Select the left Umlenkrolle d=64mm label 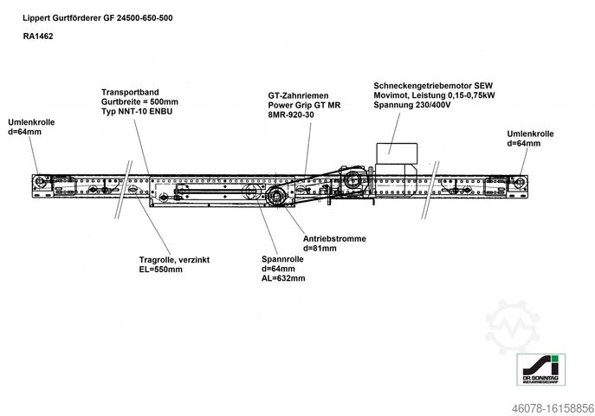[x=30, y=122]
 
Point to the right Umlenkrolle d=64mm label [x=530, y=134]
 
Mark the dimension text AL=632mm [x=283, y=278]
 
